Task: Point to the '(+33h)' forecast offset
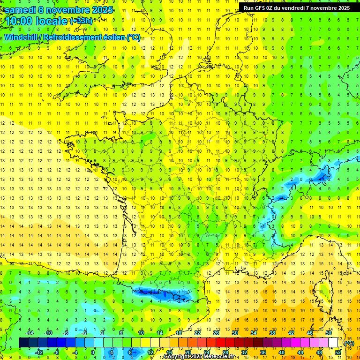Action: click(x=81, y=21)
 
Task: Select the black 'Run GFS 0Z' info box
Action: click(x=297, y=7)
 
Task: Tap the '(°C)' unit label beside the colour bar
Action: click(x=349, y=343)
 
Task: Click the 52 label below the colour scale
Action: click(x=338, y=352)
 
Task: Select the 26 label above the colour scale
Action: click(x=216, y=333)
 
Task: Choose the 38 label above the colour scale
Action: click(x=272, y=333)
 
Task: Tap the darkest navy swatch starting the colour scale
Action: click(x=23, y=343)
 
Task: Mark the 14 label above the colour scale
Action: click(x=160, y=333)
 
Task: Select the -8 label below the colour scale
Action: click(x=57, y=352)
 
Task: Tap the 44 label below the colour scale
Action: click(x=300, y=352)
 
